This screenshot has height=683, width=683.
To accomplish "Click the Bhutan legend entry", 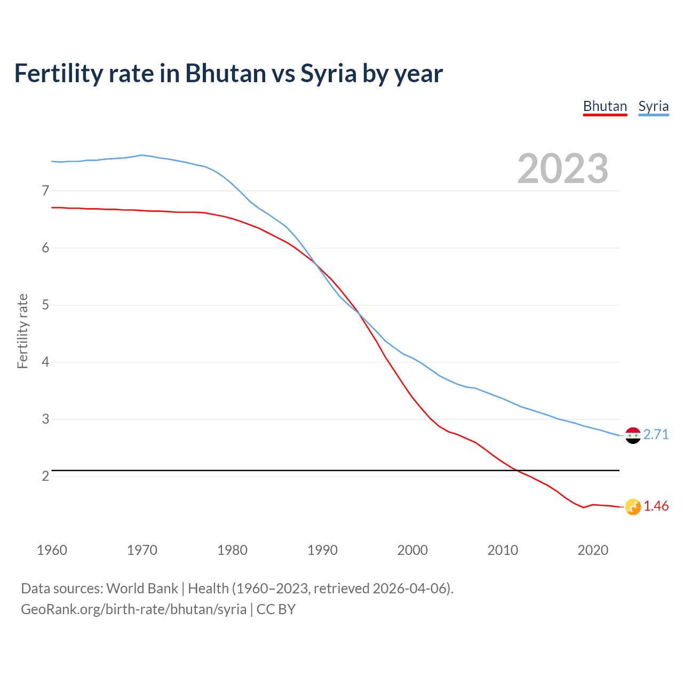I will (605, 106).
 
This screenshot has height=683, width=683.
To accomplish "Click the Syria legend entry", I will (653, 106).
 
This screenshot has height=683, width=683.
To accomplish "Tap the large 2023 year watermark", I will (562, 169).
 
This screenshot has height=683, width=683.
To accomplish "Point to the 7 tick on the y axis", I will (45, 190).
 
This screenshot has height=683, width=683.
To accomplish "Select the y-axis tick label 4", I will (45, 362).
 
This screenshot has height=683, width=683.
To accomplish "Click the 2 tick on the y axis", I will (45, 476).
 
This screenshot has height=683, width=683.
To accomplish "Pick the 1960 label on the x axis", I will (52, 550).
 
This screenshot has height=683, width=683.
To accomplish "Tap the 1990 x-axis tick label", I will (322, 550).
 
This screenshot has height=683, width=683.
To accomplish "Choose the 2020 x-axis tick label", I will (593, 550).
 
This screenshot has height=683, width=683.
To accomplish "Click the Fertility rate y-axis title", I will (22, 331).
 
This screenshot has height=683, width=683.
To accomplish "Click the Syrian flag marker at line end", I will (632, 435).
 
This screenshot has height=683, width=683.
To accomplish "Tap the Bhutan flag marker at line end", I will (632, 507).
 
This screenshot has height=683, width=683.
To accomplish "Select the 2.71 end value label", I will (656, 435).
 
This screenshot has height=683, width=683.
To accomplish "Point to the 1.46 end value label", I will (656, 506).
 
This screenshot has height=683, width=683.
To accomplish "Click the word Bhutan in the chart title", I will (225, 73).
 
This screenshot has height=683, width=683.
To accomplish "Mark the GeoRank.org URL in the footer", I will (133, 609).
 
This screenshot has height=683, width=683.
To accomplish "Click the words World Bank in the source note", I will (142, 589).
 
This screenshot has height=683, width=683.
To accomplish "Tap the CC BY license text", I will (276, 609).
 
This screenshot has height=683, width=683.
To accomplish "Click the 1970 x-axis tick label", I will (142, 550).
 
